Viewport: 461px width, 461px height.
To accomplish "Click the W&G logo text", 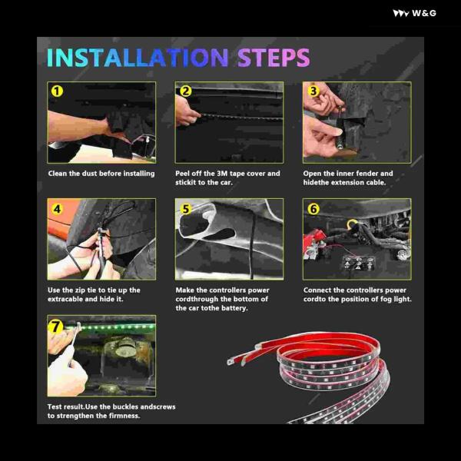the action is coord(424,13).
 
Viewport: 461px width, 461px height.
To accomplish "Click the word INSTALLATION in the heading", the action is coord(138,58).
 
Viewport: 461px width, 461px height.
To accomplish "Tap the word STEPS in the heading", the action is coord(274,58).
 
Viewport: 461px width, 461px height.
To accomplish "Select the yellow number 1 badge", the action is coord(57,91).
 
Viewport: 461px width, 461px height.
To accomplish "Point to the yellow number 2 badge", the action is coord(185,91).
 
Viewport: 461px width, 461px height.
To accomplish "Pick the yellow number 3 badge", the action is coord(313,91).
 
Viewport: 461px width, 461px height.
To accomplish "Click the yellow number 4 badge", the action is coord(57,209).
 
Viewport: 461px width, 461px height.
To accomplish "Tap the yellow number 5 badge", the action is coord(186,209).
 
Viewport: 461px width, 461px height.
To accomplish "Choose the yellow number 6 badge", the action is coord(313,209).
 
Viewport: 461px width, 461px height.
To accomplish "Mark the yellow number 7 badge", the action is coord(56,327).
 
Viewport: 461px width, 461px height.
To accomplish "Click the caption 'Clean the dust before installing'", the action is coord(101,174).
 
